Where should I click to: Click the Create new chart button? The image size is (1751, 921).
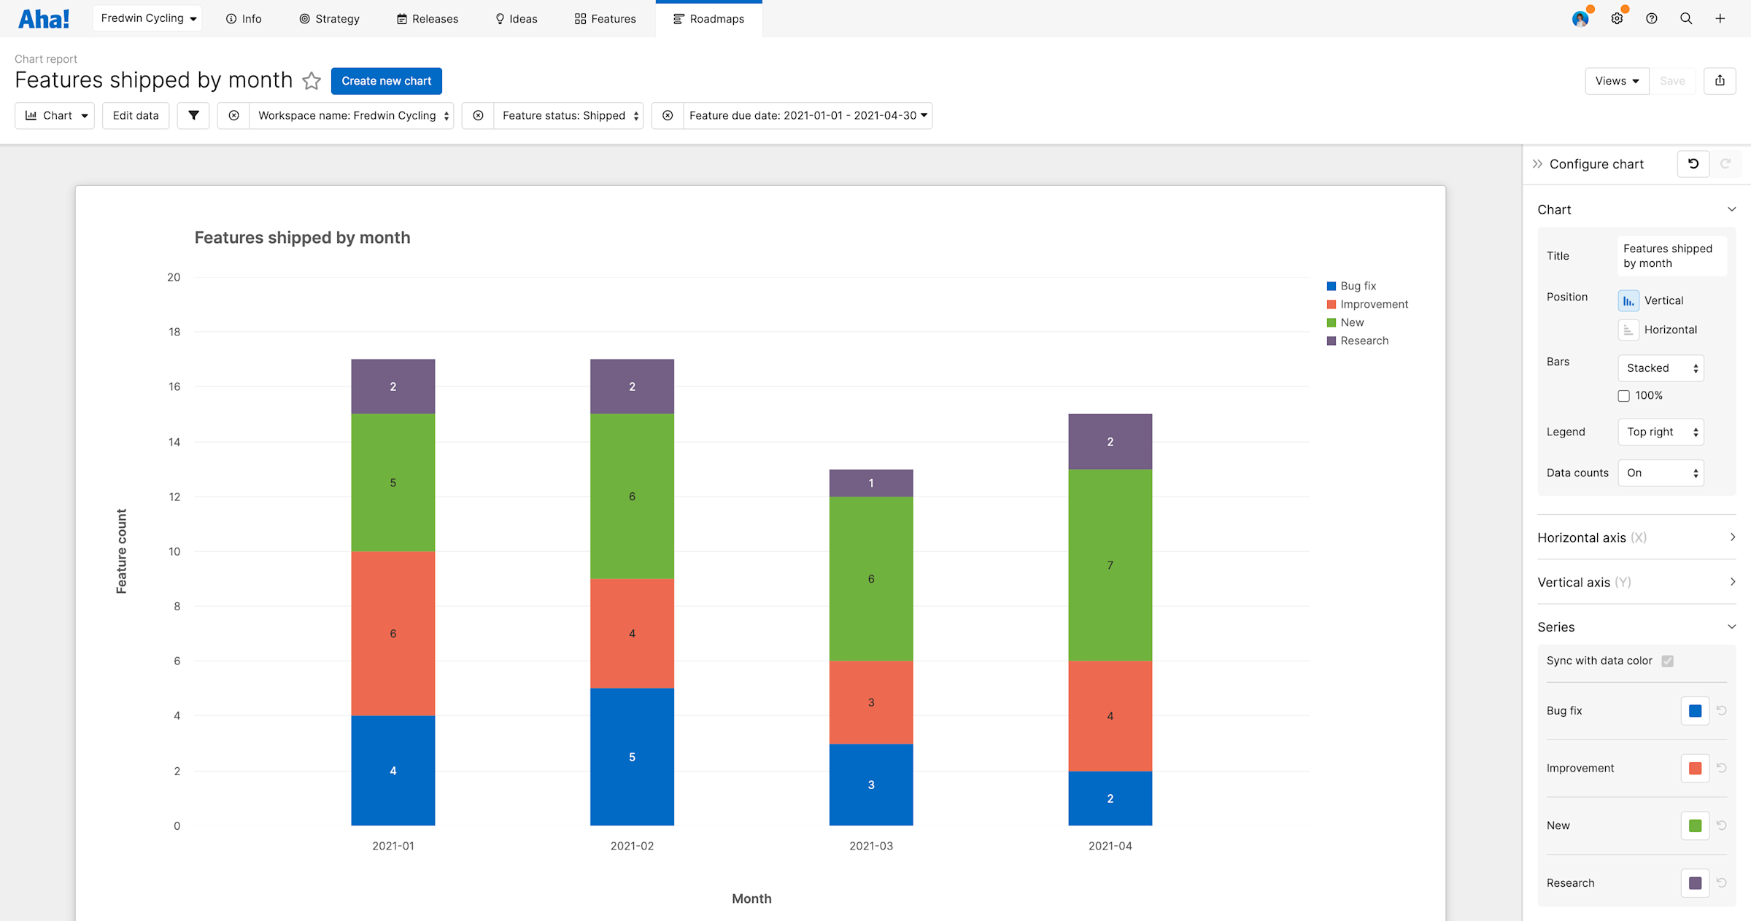(x=386, y=81)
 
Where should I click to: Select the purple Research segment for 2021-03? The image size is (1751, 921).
(x=871, y=483)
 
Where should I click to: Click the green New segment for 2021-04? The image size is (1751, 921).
(x=1110, y=565)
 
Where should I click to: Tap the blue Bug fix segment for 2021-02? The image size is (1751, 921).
(x=632, y=757)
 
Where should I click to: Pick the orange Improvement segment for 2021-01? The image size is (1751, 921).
(x=393, y=634)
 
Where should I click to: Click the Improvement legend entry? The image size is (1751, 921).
(x=1367, y=304)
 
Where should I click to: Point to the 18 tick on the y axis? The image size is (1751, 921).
(x=174, y=332)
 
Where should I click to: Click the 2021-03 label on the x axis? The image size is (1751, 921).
(x=871, y=846)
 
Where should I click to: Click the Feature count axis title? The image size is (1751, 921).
(x=121, y=551)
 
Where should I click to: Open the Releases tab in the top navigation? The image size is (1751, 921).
(x=428, y=19)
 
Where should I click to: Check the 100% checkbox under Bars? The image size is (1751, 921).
(x=1623, y=396)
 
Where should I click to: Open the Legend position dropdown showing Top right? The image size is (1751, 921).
(x=1661, y=432)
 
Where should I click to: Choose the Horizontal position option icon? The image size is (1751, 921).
(x=1628, y=330)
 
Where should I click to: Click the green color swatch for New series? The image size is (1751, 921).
(x=1695, y=825)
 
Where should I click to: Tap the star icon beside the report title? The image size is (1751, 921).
(x=312, y=80)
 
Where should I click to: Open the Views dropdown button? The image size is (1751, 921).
(x=1617, y=81)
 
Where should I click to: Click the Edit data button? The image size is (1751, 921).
(x=136, y=115)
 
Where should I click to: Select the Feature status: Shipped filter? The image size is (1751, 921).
(x=569, y=115)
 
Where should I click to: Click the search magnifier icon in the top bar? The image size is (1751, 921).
(x=1686, y=19)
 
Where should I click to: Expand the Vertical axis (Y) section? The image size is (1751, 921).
(x=1636, y=582)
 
